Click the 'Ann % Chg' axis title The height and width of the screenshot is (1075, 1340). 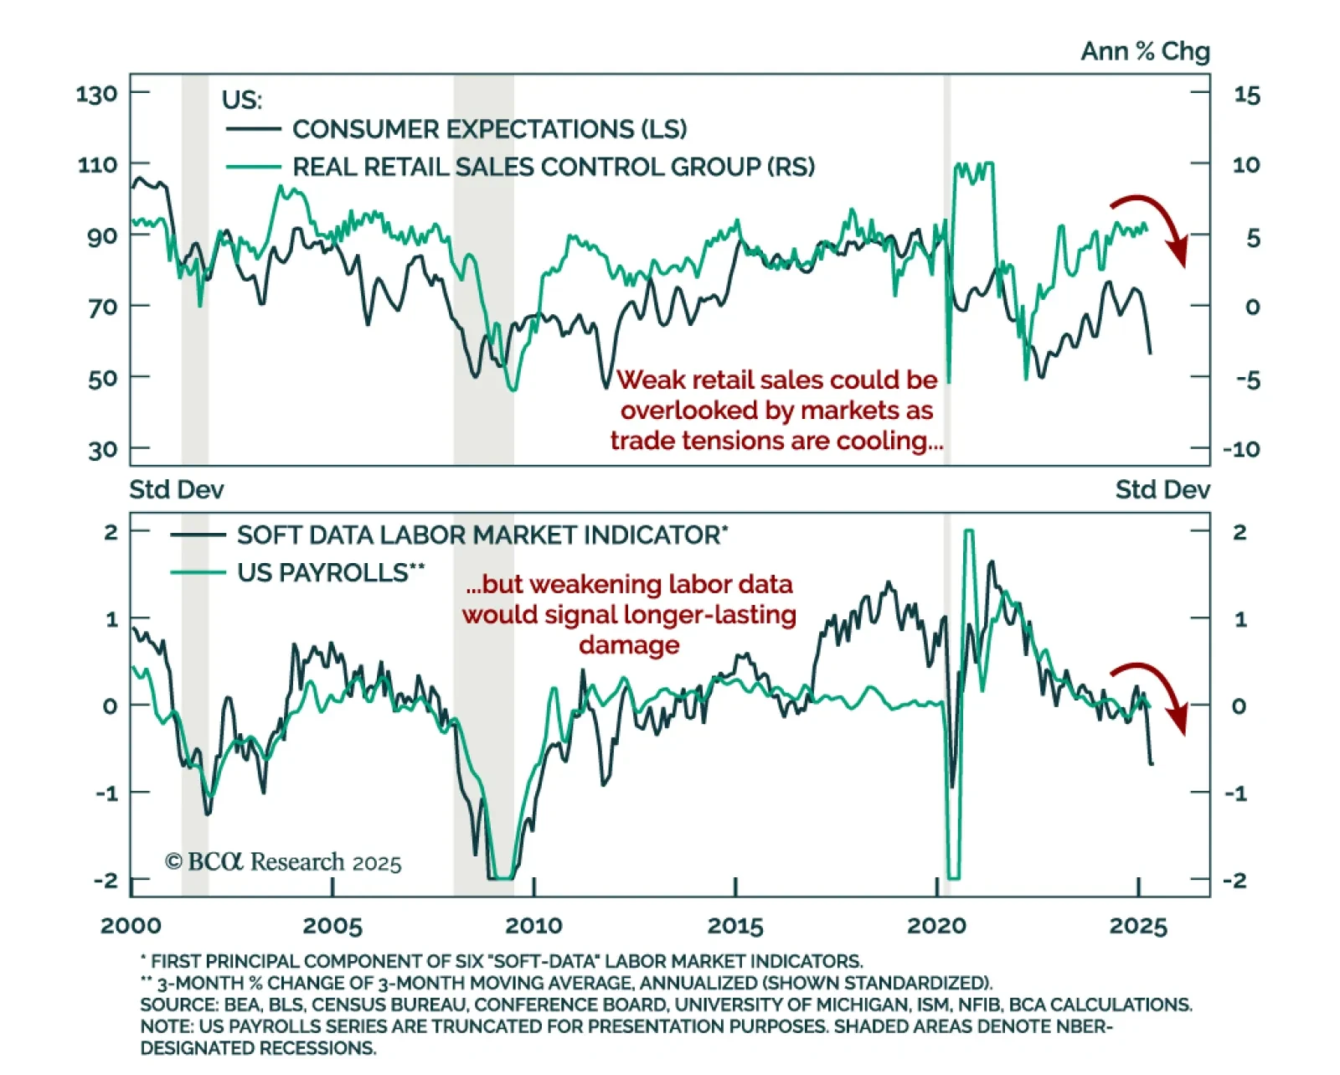(1145, 52)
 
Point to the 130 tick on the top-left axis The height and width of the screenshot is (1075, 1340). (97, 94)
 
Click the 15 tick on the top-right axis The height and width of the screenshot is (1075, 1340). (1246, 96)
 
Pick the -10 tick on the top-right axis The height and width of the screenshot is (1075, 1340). (1241, 449)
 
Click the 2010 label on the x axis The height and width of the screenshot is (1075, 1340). (533, 926)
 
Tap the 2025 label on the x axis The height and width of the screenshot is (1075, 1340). (1138, 926)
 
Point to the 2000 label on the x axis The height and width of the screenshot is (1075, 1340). (131, 926)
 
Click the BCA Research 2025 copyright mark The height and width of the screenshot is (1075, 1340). (283, 862)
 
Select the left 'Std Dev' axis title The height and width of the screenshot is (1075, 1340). (177, 489)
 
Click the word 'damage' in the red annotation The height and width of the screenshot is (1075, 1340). (629, 645)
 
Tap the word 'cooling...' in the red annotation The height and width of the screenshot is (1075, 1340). (896, 441)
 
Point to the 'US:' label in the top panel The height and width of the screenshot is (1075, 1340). (242, 101)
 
